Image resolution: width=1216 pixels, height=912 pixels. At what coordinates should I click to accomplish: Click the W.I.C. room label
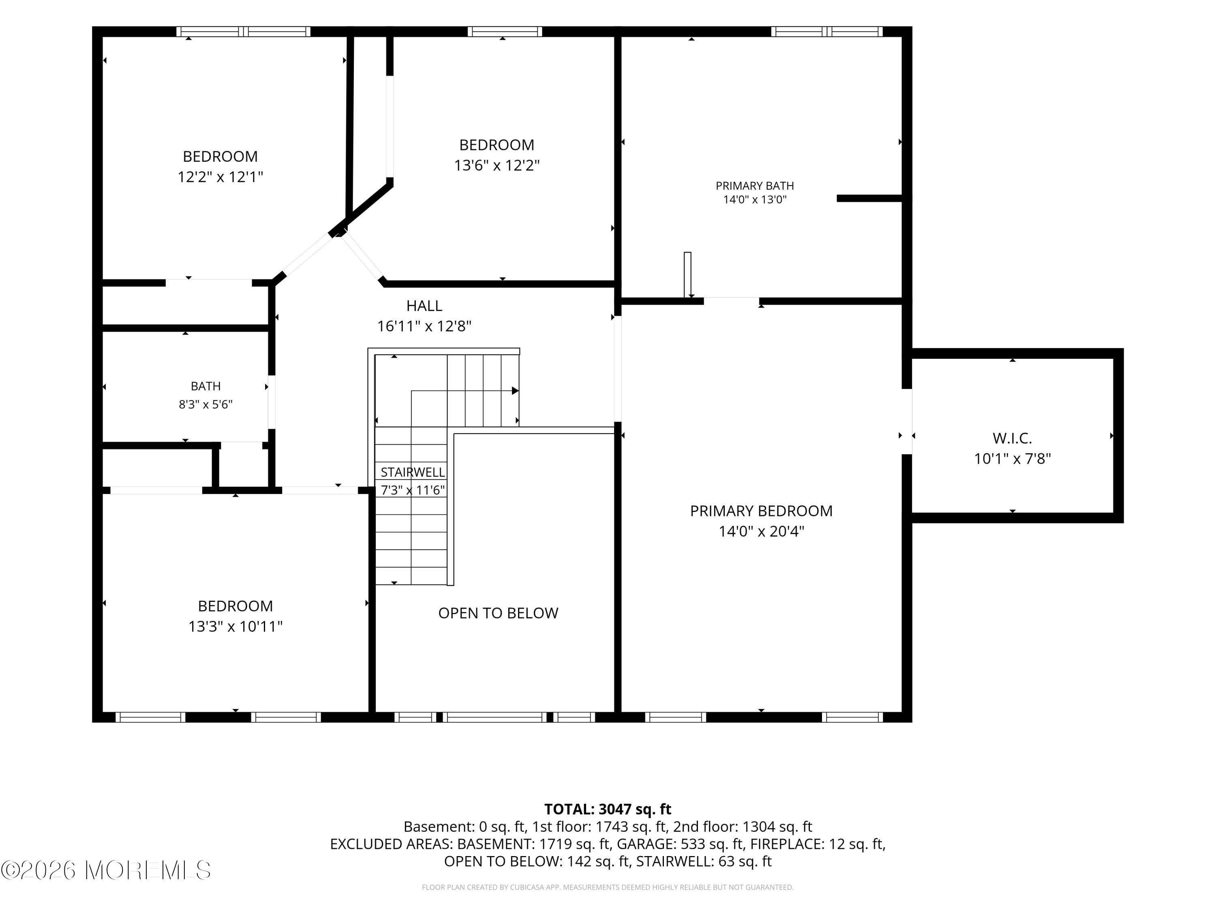[1012, 438]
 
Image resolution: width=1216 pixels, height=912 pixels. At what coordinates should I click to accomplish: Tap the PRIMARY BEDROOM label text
[761, 511]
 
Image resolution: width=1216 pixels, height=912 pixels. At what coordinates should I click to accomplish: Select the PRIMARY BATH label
[755, 186]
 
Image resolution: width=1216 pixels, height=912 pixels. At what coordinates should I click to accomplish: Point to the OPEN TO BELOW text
[498, 613]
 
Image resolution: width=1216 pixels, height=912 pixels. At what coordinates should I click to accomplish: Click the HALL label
[424, 306]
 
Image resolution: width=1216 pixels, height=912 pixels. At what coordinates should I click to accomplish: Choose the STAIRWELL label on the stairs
[413, 472]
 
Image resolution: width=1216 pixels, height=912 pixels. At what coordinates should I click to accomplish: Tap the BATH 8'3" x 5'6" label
[206, 395]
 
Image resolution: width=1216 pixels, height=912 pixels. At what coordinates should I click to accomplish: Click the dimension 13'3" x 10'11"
[235, 626]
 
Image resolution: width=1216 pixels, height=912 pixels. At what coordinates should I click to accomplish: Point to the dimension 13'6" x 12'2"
[497, 165]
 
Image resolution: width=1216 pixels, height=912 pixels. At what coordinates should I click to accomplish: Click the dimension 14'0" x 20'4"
[761, 531]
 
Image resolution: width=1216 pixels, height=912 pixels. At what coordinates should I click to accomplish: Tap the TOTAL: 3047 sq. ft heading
[608, 809]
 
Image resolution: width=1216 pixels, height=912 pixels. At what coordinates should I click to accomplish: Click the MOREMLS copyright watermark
[106, 870]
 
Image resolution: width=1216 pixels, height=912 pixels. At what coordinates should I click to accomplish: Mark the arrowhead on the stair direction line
[515, 391]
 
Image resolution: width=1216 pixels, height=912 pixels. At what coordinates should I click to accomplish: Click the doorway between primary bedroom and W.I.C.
[907, 422]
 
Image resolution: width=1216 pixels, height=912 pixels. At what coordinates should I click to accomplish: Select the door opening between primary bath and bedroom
[732, 301]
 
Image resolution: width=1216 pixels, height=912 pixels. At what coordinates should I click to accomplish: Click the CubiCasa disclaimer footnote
[608, 887]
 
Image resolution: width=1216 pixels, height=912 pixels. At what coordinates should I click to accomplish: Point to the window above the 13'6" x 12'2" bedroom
[505, 31]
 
